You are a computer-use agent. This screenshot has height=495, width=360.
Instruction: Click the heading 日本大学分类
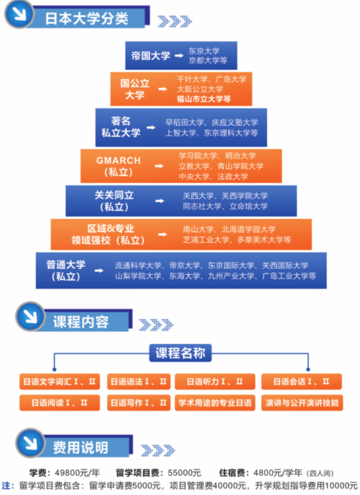click(x=87, y=19)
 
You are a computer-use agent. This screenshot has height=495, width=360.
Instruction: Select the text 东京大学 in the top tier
click(x=204, y=51)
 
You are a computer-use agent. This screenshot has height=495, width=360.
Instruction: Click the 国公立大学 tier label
click(x=135, y=89)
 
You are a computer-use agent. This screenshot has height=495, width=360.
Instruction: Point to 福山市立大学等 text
click(x=204, y=99)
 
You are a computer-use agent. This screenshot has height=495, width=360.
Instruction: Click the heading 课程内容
click(x=80, y=322)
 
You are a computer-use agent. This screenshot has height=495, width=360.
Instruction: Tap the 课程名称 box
click(x=180, y=353)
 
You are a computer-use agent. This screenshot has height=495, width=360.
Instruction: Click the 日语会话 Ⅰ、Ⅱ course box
click(x=301, y=382)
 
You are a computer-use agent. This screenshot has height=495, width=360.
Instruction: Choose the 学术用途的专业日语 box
click(x=214, y=402)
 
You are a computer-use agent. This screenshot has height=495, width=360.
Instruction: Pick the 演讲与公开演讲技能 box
click(x=302, y=402)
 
